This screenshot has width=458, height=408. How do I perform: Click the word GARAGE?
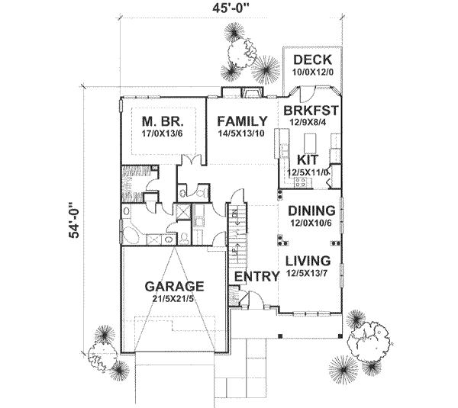tap(175, 287)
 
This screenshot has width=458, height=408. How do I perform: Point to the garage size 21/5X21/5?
tap(175, 300)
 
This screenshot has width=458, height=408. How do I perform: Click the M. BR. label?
tap(160, 120)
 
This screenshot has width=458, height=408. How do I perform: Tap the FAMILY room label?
tap(241, 121)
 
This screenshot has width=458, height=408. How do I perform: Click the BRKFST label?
tap(311, 111)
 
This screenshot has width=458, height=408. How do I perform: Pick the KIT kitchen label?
tap(308, 159)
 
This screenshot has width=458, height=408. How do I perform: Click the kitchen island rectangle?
tap(310, 143)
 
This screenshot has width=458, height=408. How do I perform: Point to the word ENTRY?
tap(256, 276)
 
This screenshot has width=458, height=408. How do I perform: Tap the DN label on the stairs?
tap(236, 217)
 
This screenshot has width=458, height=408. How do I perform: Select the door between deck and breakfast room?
tap(304, 95)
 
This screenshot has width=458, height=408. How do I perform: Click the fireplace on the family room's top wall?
tap(251, 94)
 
